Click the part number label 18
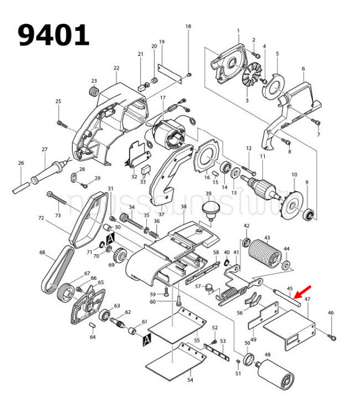coord(188,27)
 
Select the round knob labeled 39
coord(209,210)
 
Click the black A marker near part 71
coord(110,238)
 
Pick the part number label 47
coord(307,299)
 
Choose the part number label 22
coord(116,68)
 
